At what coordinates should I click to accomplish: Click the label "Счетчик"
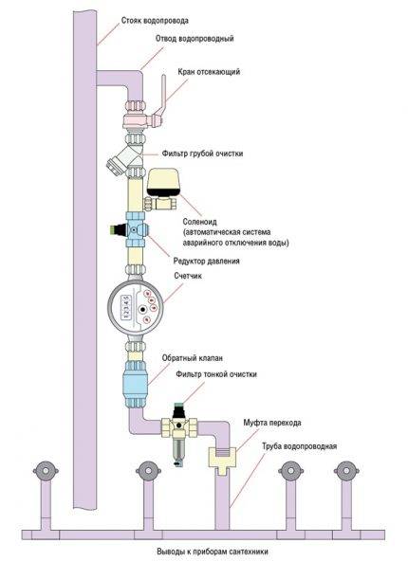pyautogui.click(x=194, y=277)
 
